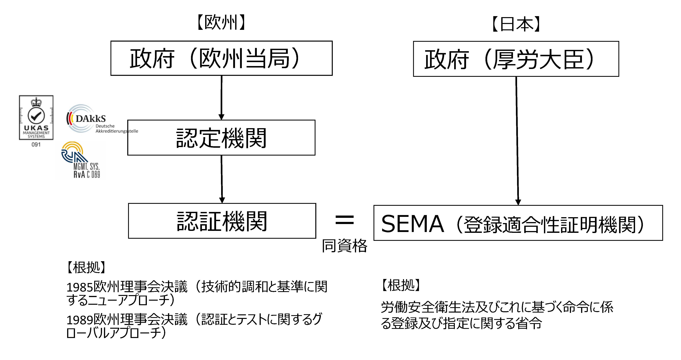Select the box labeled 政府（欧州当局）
pos(221,58)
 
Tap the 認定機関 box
pos(221,138)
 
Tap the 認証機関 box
pos(222,221)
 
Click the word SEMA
pos(412,224)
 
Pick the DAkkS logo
pos(87,119)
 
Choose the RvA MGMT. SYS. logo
pos(79,160)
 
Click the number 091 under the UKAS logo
pos(36,145)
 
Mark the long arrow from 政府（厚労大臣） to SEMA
pos(517,140)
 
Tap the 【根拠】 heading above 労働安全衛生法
pos(401,285)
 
